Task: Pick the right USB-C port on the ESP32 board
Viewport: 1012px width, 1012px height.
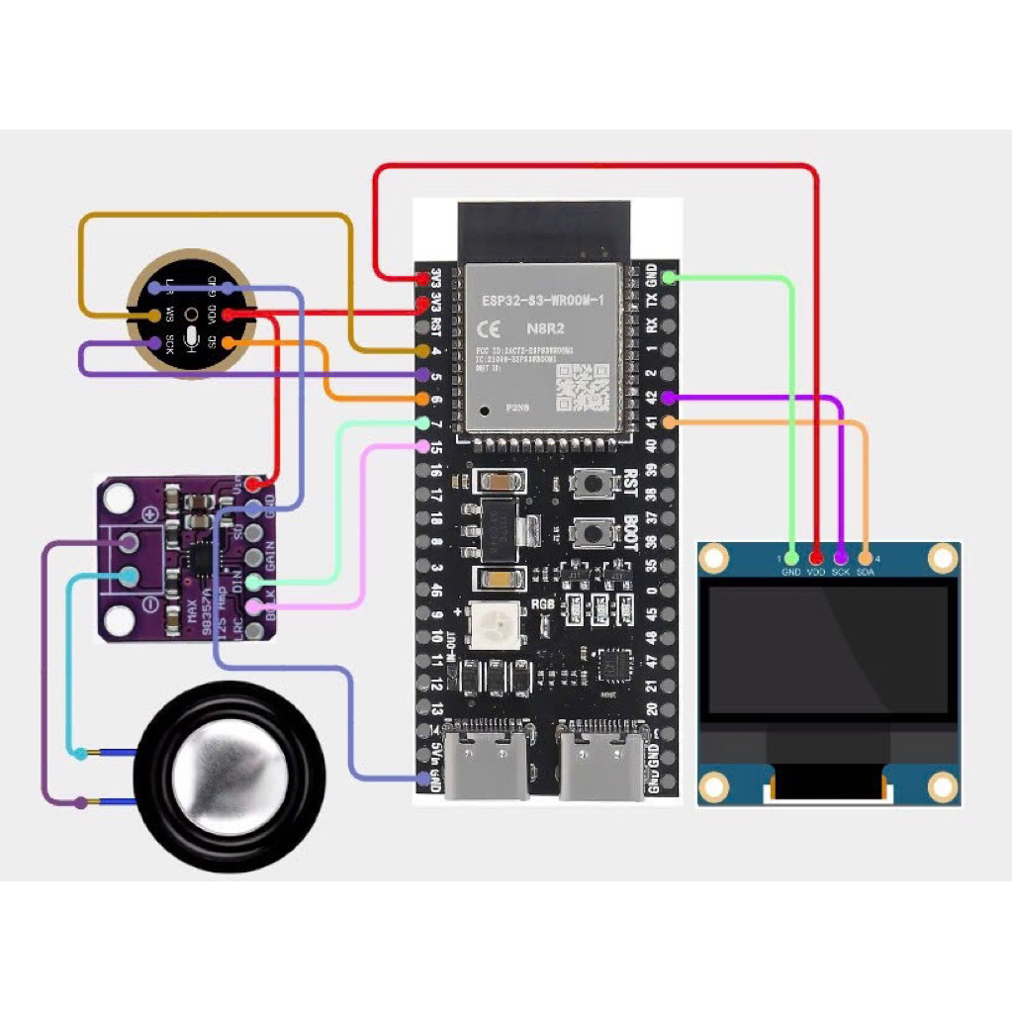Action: click(604, 763)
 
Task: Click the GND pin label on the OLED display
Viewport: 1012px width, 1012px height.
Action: click(791, 572)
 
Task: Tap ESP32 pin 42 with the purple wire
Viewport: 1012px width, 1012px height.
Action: click(669, 398)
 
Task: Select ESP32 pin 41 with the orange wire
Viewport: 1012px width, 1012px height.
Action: click(669, 423)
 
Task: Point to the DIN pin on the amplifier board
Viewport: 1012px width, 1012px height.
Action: click(254, 581)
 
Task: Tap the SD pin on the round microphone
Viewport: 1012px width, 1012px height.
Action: click(228, 342)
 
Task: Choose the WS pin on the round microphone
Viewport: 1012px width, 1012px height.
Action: click(154, 315)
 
